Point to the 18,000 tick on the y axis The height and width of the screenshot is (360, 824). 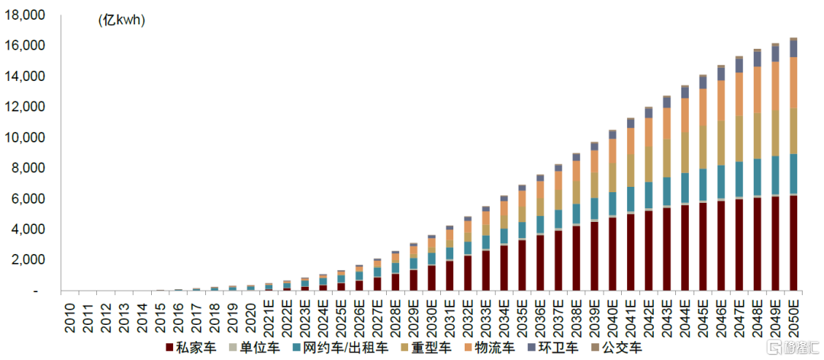24,16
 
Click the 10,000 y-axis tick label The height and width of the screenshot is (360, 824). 24,138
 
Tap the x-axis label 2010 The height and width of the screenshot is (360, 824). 70,316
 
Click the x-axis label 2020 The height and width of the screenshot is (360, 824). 251,316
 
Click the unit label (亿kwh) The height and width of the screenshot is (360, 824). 121,21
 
